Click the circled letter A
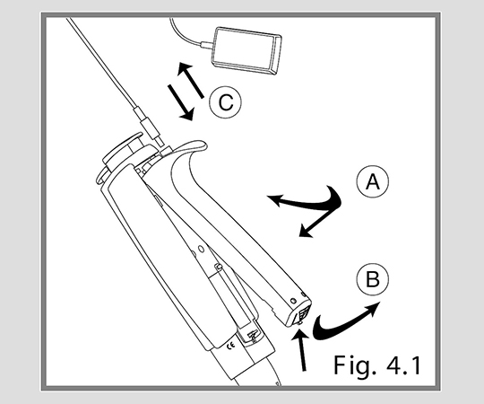(x=373, y=181)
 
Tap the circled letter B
(x=373, y=279)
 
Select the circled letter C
(x=225, y=102)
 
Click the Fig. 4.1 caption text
(x=377, y=365)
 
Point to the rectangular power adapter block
(x=246, y=50)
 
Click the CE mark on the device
(x=230, y=346)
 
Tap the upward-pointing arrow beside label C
(x=190, y=79)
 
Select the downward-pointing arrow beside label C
(x=181, y=102)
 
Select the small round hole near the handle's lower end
(x=293, y=301)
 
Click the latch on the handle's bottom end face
(x=300, y=316)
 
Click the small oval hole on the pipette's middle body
(x=201, y=249)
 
